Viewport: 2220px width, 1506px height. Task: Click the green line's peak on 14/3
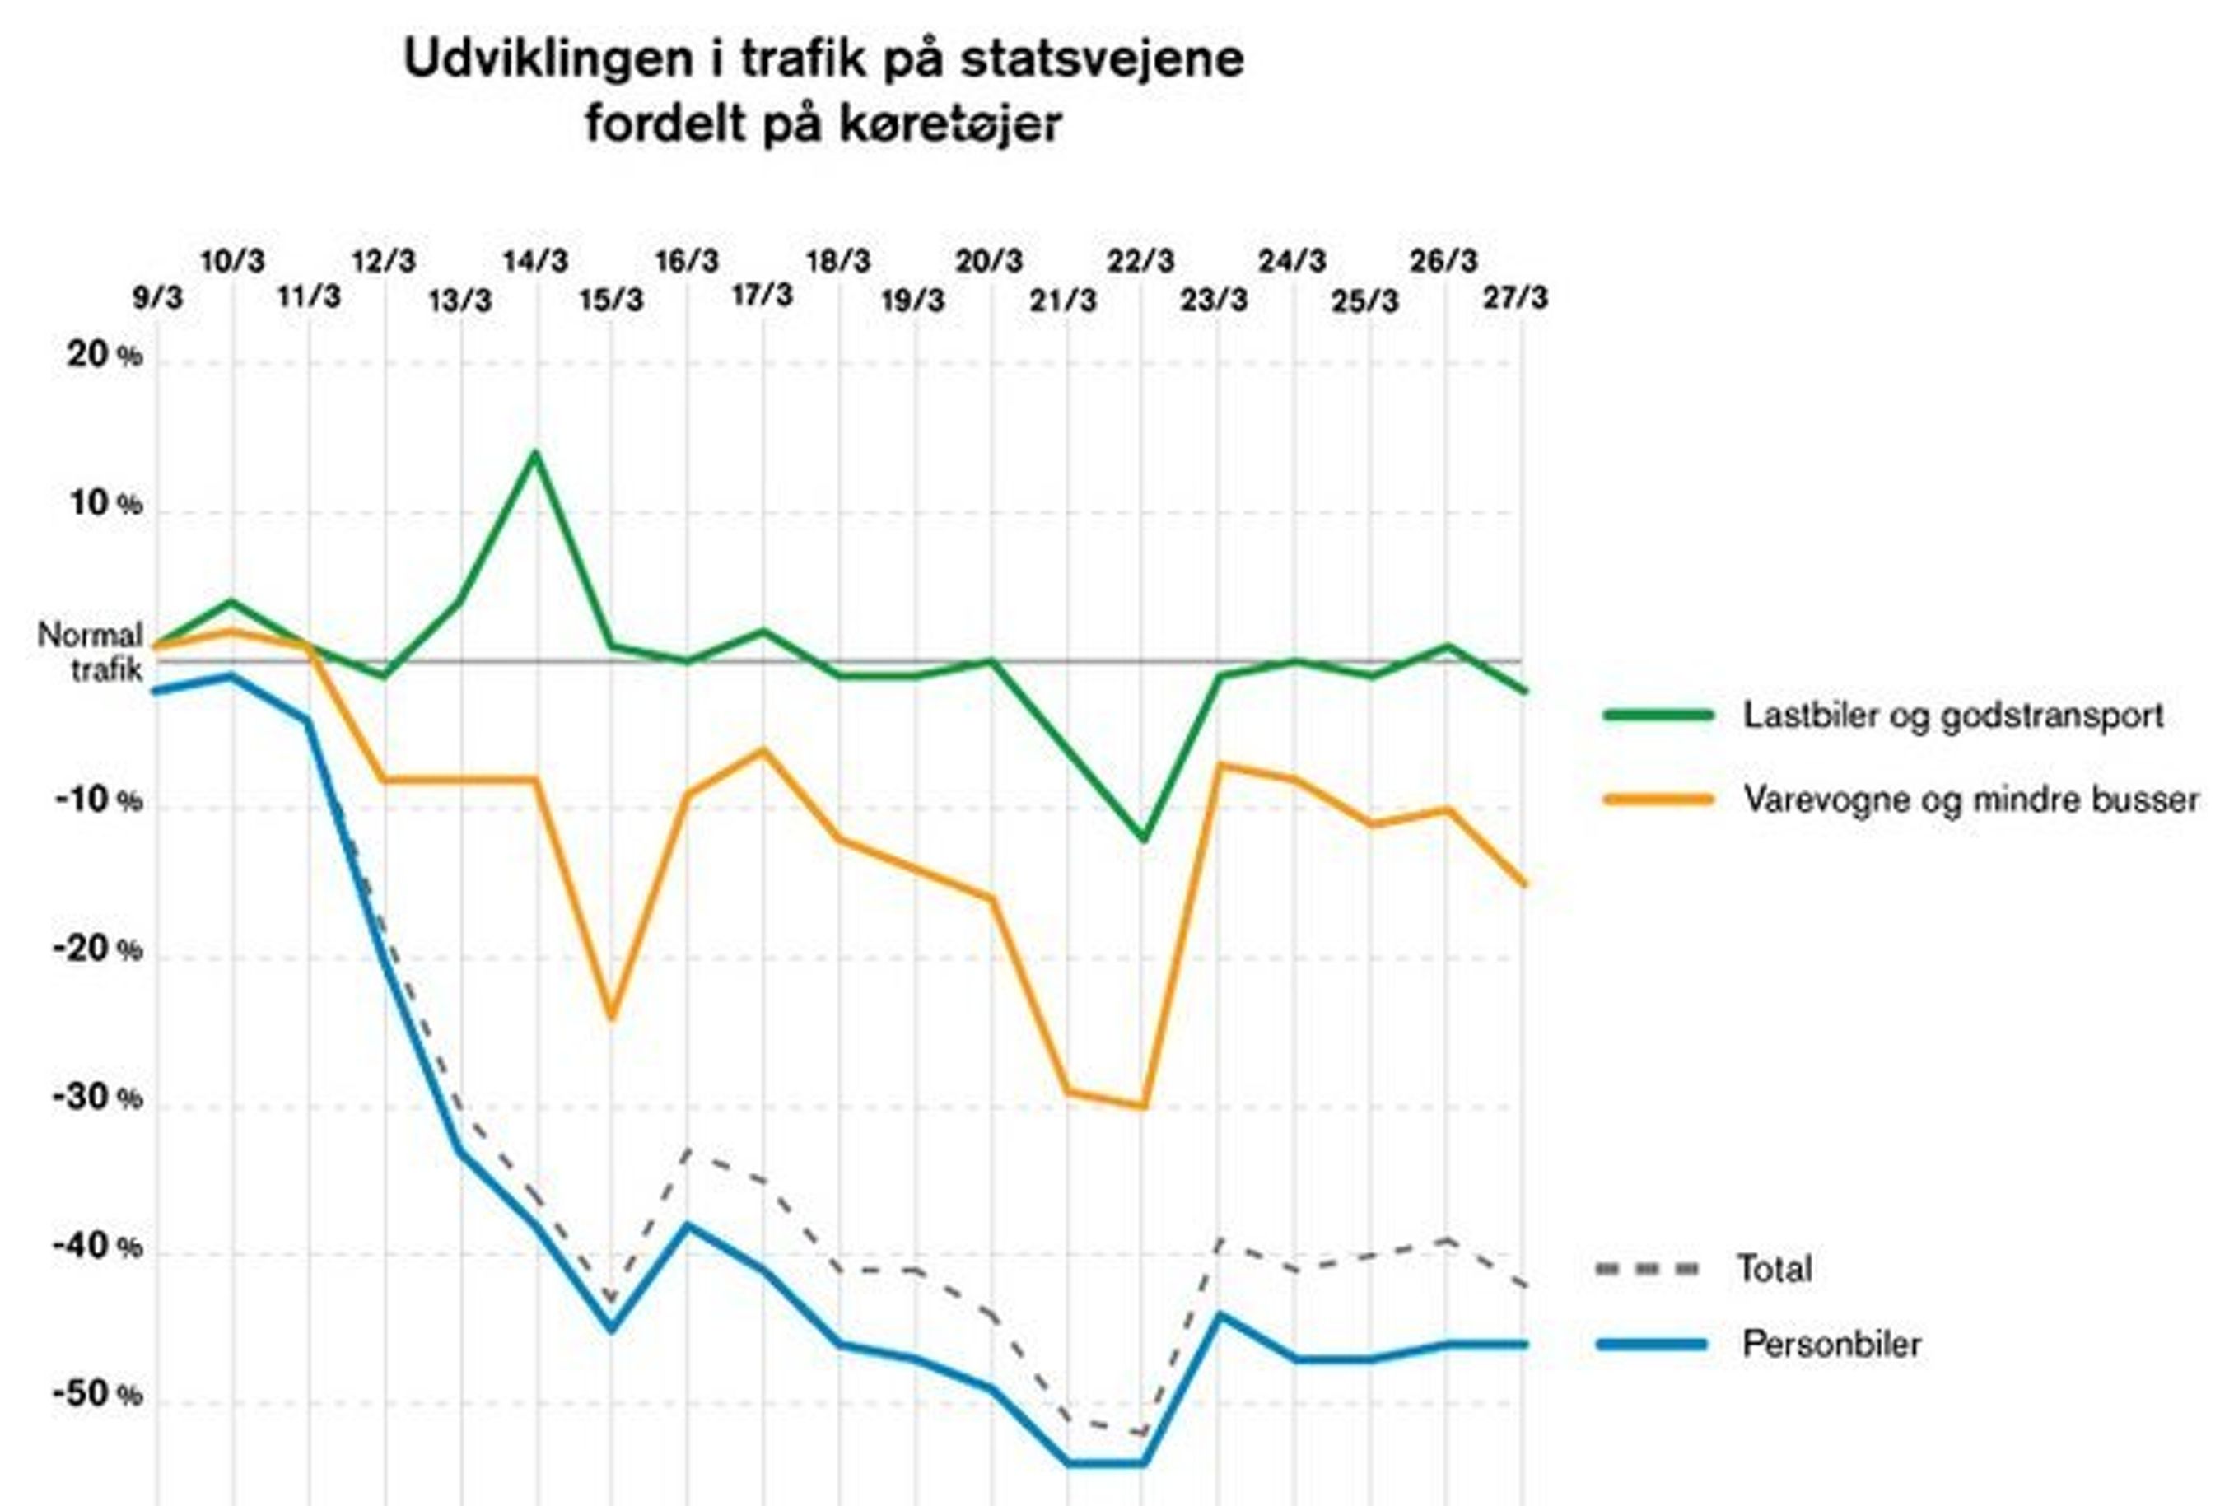[x=536, y=453]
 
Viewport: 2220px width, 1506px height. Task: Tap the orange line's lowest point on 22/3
[x=1142, y=1107]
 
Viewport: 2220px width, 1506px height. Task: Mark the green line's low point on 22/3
[x=1142, y=838]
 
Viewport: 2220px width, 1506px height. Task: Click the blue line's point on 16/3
[x=688, y=1224]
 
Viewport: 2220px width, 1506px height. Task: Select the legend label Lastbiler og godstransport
[x=1952, y=716]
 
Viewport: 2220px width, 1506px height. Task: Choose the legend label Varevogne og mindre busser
[x=1970, y=799]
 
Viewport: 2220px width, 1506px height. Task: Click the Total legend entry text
[x=1773, y=1269]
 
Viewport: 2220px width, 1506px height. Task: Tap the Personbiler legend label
[x=1831, y=1345]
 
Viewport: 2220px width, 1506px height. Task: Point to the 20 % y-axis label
[x=103, y=357]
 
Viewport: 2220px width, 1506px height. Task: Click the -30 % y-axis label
[x=97, y=1098]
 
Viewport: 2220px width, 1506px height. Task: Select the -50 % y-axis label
[x=97, y=1395]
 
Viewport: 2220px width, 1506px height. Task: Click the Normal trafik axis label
[x=91, y=652]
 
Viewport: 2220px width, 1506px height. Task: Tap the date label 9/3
[x=156, y=298]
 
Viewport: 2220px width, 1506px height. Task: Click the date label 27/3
[x=1515, y=298]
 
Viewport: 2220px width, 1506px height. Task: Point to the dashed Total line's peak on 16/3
[x=688, y=1149]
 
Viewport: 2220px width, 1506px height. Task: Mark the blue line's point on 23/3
[x=1218, y=1314]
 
